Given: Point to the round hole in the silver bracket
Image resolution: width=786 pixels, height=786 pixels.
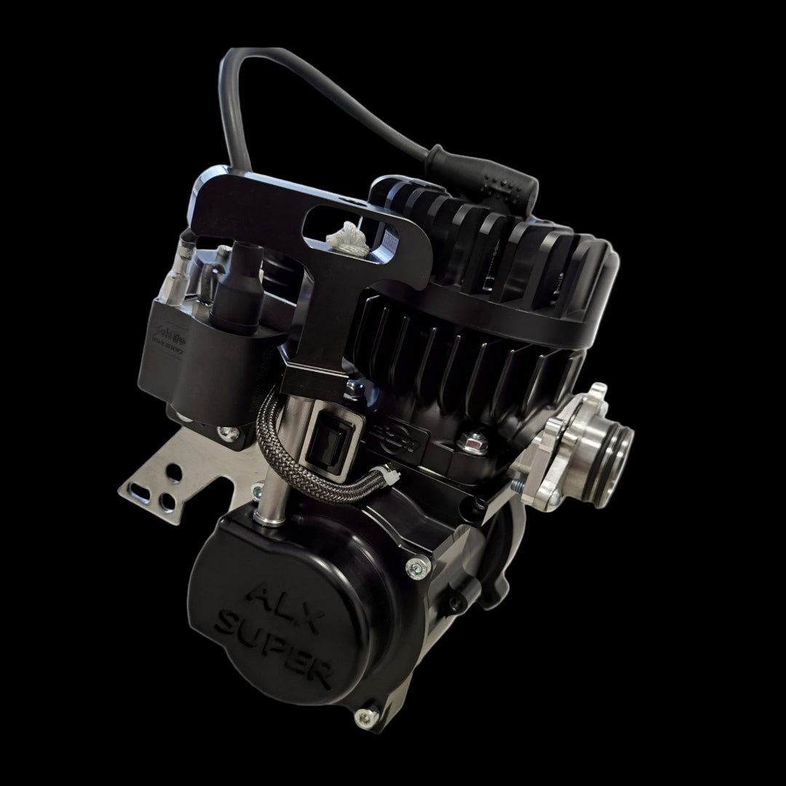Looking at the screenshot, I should click(x=175, y=474).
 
